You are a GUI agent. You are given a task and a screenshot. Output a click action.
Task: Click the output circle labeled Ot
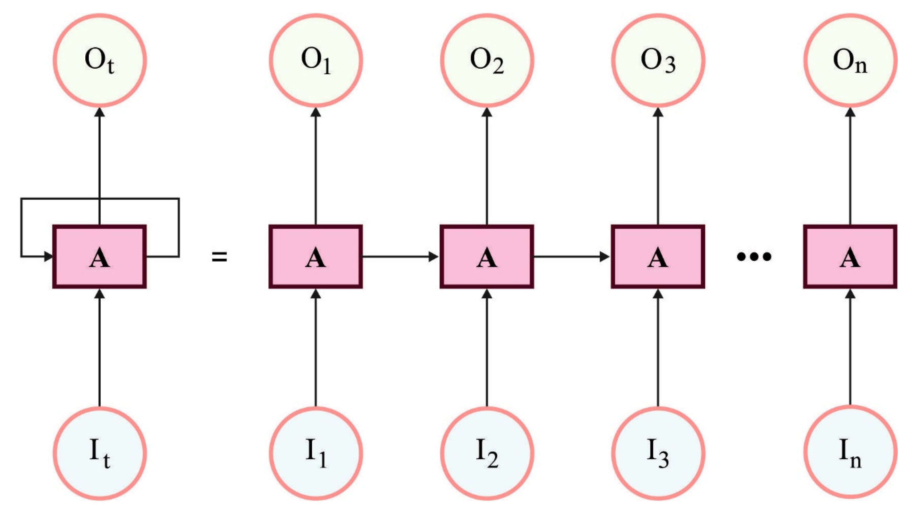click(100, 61)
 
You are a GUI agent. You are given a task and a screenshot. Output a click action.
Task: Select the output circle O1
click(316, 61)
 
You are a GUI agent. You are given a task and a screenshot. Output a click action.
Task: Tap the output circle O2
click(487, 61)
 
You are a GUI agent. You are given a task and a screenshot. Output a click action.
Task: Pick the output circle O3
click(658, 61)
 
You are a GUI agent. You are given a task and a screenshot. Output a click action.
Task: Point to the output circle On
click(850, 61)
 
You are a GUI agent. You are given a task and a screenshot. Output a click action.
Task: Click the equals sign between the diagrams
click(219, 257)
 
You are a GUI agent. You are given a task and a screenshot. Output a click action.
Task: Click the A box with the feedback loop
click(100, 257)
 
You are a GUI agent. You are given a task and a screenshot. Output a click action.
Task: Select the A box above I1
click(316, 257)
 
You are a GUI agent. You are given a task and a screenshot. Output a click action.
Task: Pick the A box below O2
click(487, 257)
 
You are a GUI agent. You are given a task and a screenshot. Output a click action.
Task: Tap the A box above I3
click(658, 257)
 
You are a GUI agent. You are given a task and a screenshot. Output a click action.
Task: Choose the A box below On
click(850, 257)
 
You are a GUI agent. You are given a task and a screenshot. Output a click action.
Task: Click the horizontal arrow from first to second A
click(400, 257)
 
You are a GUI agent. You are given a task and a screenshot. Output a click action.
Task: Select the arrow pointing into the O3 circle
click(658, 166)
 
